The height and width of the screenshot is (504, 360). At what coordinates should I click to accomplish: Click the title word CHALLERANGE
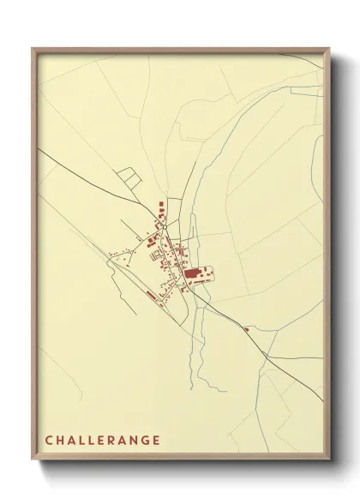pos(102,441)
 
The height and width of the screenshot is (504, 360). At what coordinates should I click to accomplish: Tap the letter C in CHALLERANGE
pos(49,441)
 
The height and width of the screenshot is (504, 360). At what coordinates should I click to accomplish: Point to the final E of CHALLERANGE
pos(156,441)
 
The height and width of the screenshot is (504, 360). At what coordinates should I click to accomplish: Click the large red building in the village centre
pos(191,274)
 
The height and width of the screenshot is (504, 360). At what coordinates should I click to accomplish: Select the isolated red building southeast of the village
pos(246,329)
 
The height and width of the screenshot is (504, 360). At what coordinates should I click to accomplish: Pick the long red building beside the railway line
pos(151,295)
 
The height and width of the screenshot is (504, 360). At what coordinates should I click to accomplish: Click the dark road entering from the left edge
pos(60,164)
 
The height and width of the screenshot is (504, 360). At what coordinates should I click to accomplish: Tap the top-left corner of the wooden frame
pos(33,49)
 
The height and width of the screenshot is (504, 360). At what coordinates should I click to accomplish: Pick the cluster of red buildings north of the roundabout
pos(160,209)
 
